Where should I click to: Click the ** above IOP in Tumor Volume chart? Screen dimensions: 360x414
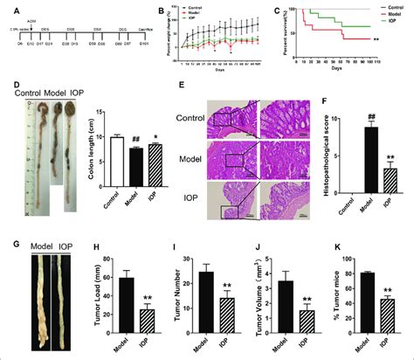(305, 301)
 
